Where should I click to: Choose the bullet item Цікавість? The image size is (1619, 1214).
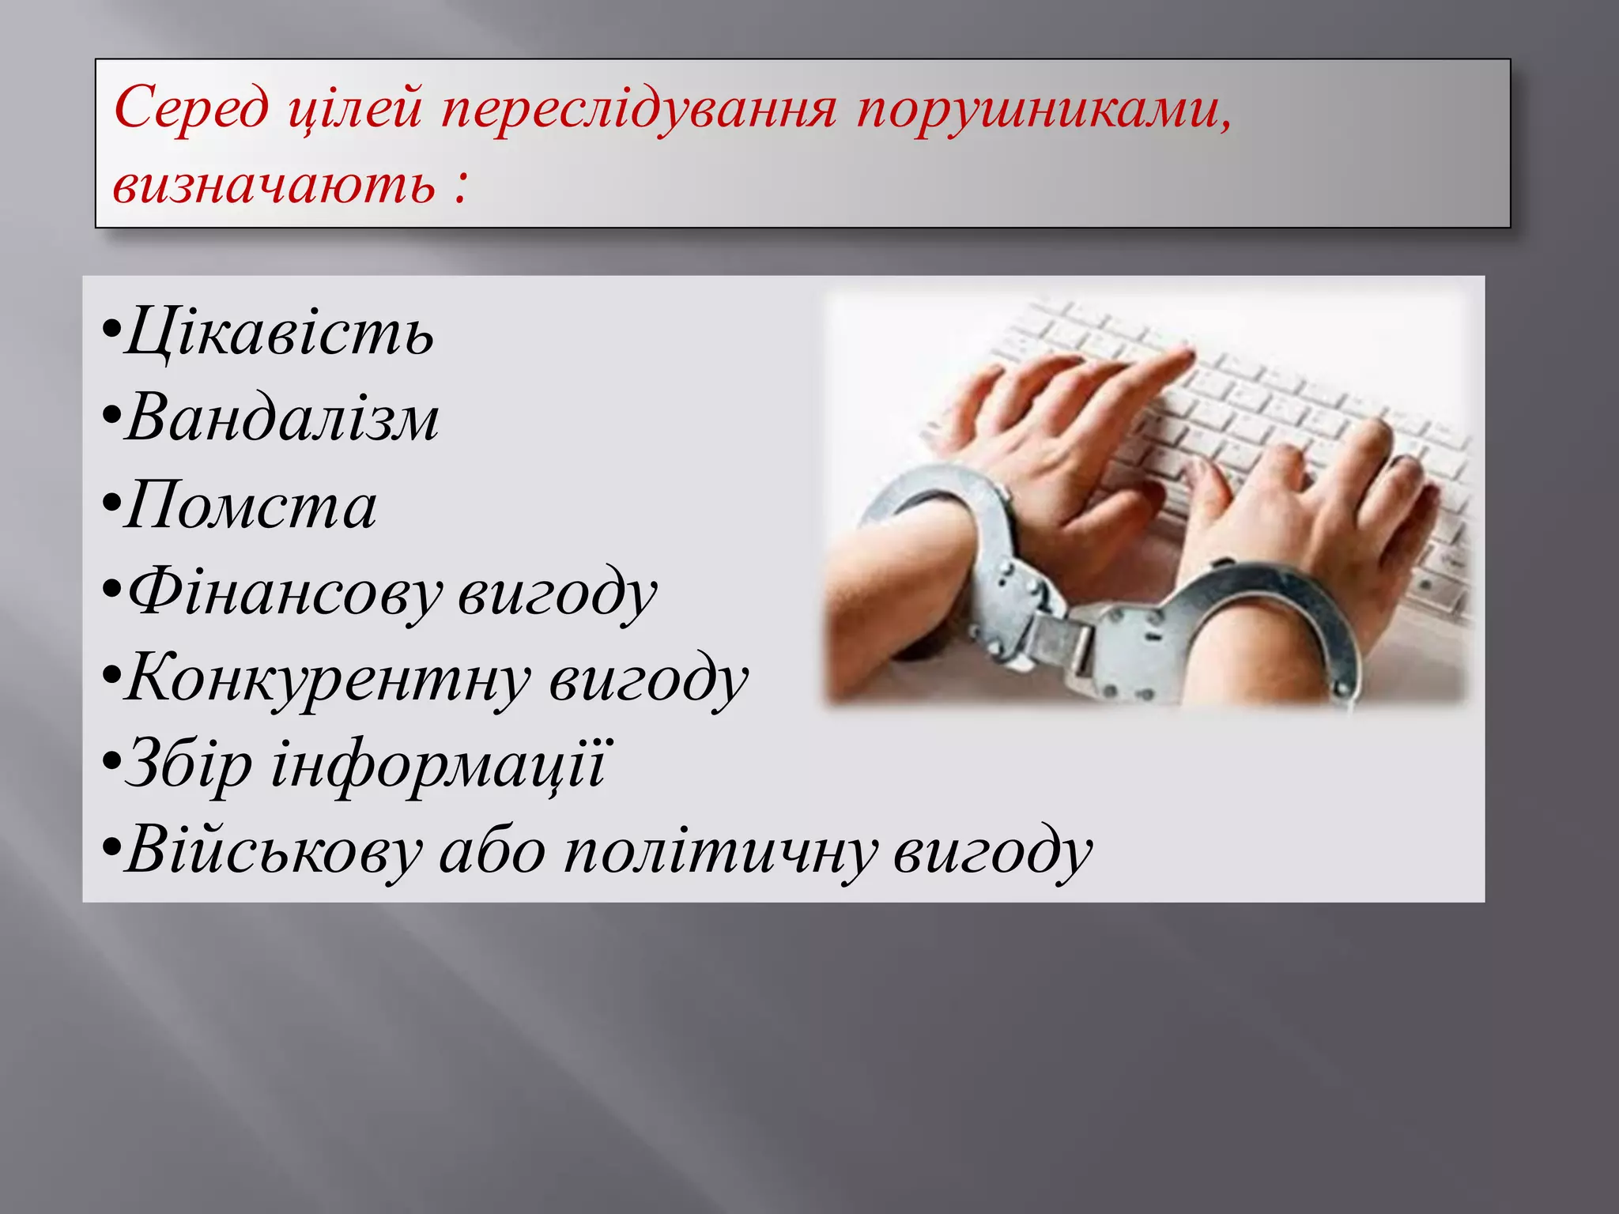coord(278,332)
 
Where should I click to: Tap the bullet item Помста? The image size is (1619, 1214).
coord(250,506)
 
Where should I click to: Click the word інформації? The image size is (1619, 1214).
coord(438,765)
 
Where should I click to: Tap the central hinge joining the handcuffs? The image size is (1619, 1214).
coord(1063,632)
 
